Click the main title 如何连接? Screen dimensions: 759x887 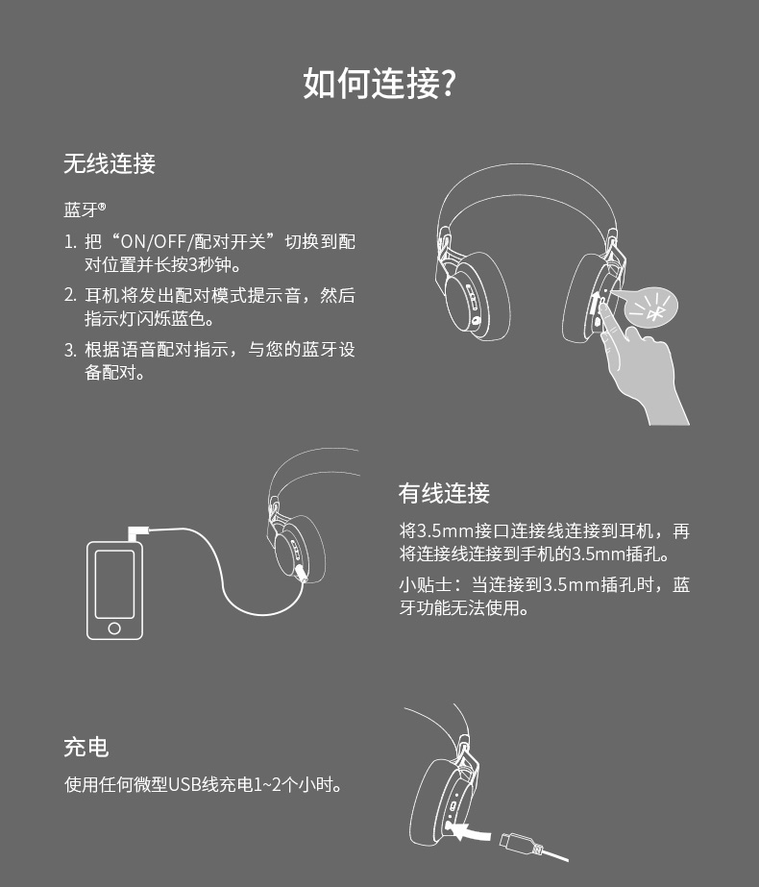point(379,84)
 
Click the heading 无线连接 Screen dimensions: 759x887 point(110,163)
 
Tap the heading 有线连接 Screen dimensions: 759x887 point(444,493)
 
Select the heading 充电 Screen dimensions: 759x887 point(86,747)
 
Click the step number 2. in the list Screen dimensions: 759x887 point(69,295)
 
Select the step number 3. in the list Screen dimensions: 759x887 point(69,350)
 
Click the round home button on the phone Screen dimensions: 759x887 point(114,628)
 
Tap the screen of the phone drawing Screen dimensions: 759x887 point(115,583)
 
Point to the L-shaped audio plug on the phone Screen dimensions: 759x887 point(137,532)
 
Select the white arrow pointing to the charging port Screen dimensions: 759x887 point(471,832)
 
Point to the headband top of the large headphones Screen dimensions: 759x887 point(526,168)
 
